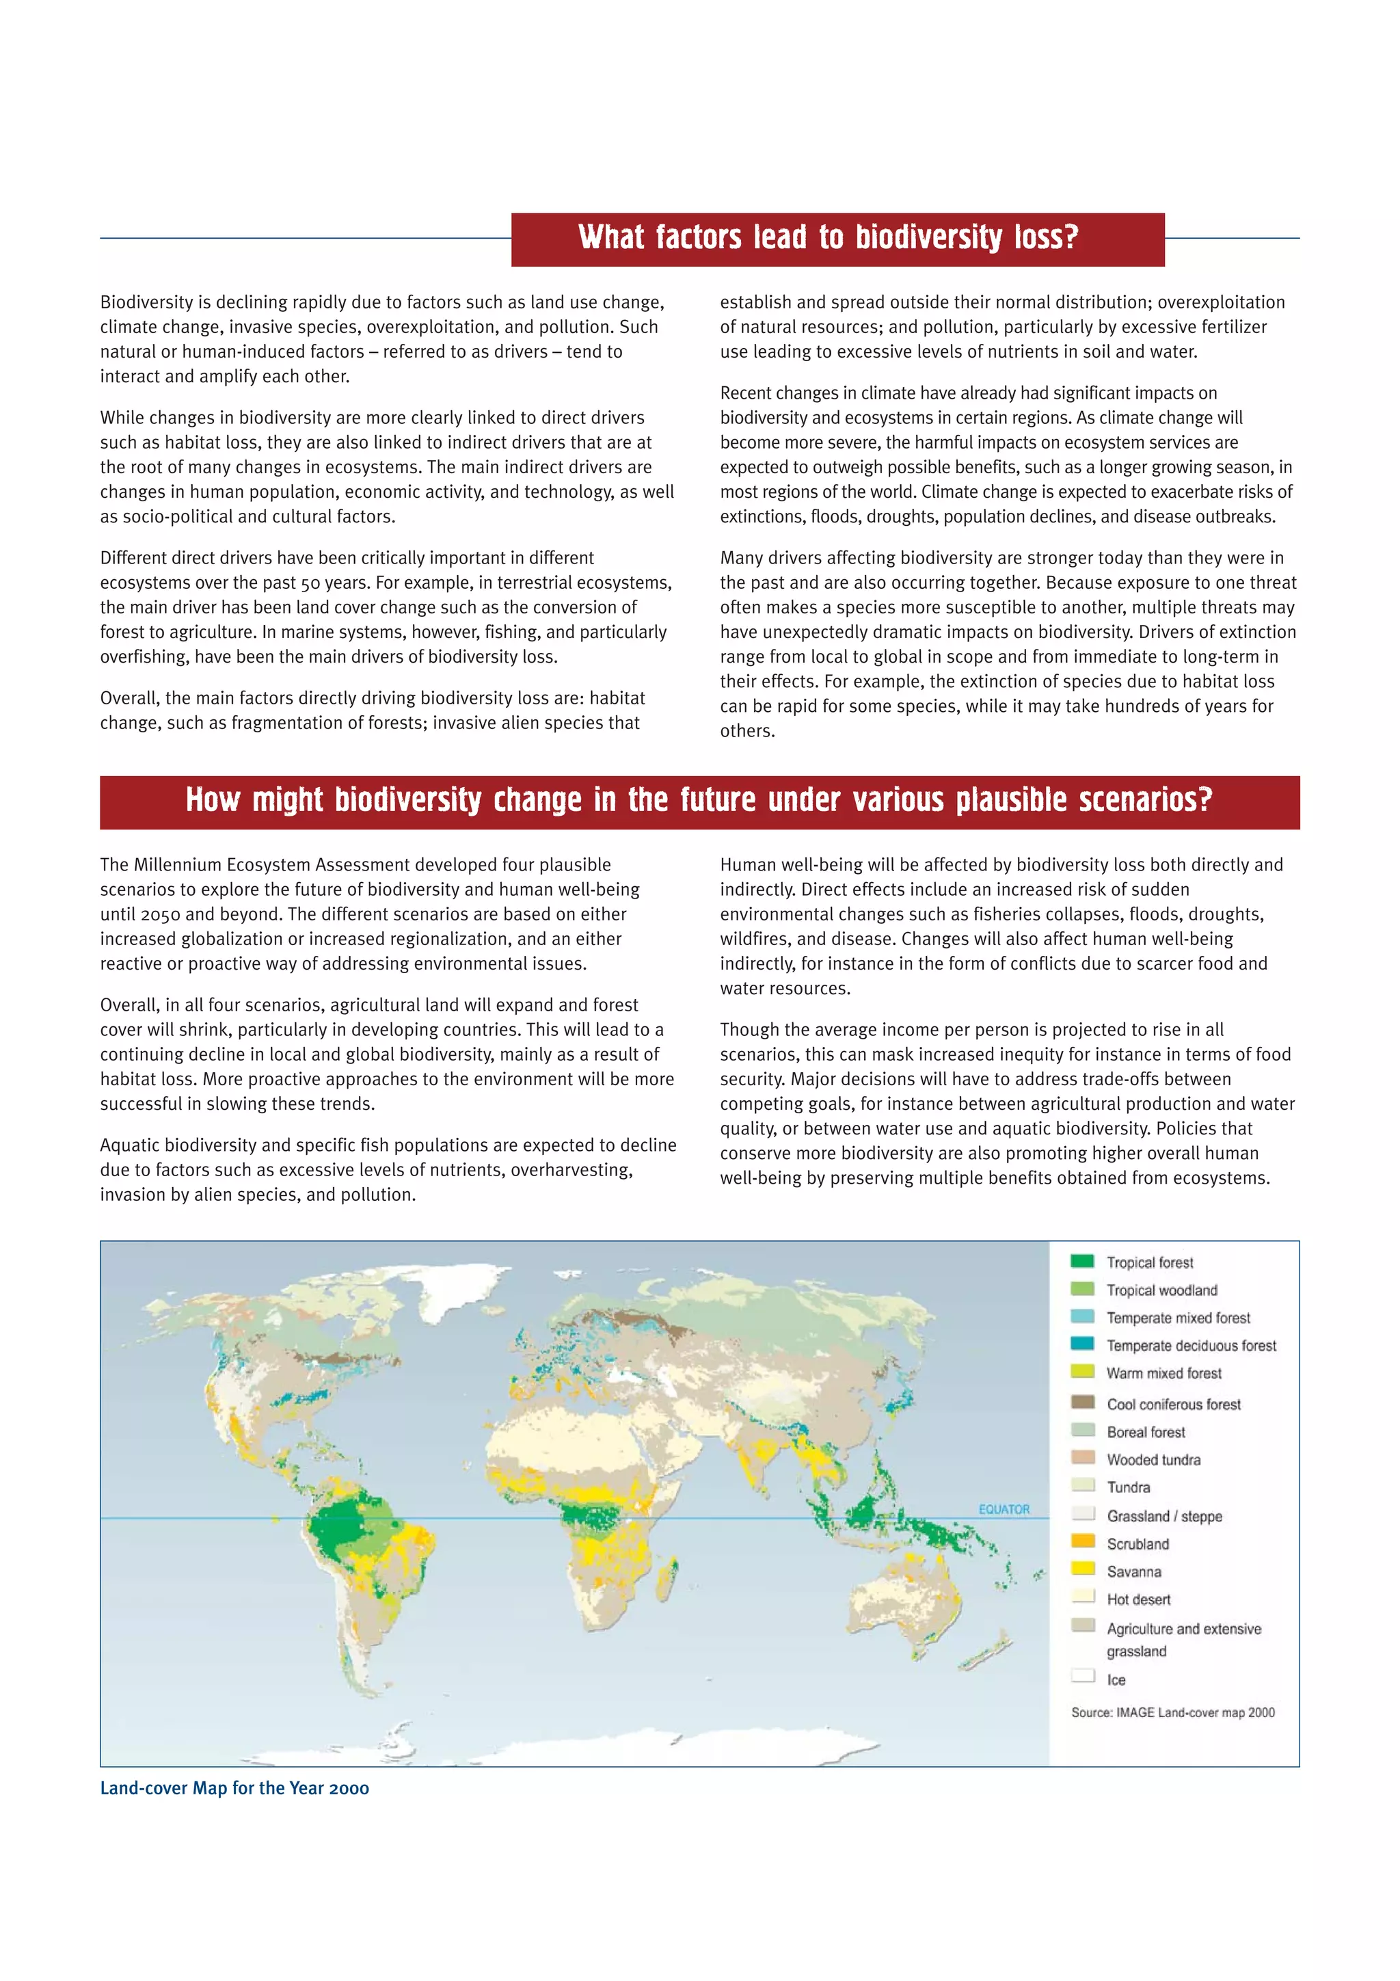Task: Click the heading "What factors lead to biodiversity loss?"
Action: tap(828, 237)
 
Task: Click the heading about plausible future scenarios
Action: tap(699, 801)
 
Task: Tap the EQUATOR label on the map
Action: tap(1004, 1509)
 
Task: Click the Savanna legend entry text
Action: tap(1133, 1572)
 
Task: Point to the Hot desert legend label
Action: tap(1139, 1599)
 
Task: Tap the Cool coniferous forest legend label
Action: tap(1173, 1405)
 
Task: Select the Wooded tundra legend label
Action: tap(1153, 1460)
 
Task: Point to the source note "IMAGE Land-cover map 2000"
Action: tap(1173, 1713)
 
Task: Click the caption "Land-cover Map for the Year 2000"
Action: tap(234, 1787)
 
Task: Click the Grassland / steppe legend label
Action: tap(1165, 1517)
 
